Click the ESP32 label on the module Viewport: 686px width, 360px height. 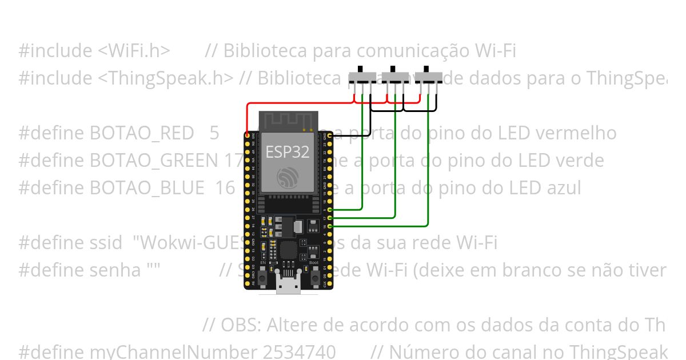(286, 151)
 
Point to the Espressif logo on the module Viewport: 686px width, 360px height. (286, 177)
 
